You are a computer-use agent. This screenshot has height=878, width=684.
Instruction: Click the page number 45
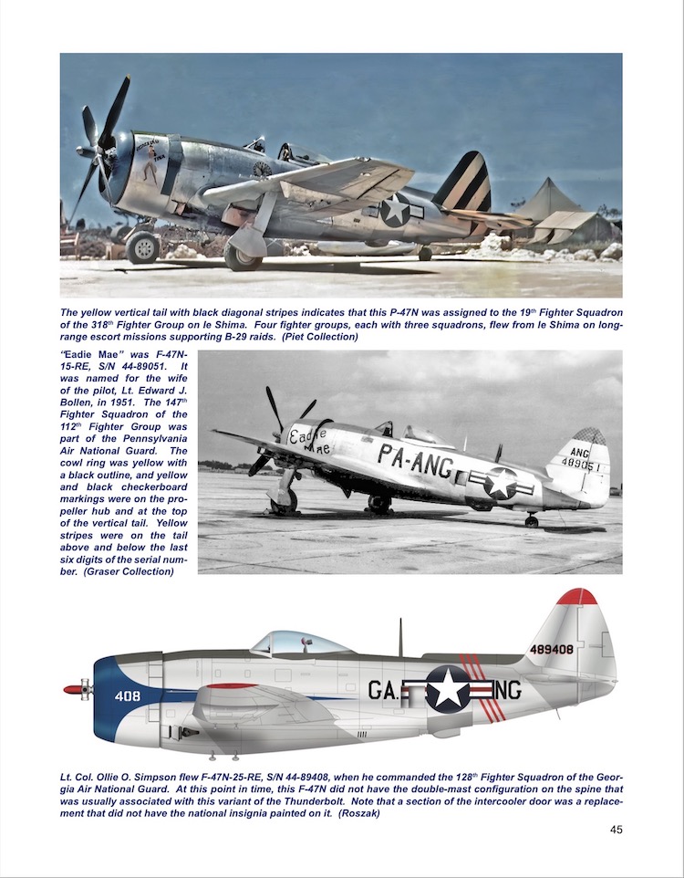pos(615,829)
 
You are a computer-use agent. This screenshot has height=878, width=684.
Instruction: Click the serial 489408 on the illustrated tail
pos(551,650)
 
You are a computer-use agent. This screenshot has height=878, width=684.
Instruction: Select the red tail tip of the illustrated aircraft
pos(576,597)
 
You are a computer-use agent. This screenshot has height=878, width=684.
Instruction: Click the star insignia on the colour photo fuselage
pos(395,210)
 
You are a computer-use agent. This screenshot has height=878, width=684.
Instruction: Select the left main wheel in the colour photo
pos(143,246)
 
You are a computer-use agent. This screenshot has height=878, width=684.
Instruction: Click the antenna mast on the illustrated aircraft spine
pos(399,636)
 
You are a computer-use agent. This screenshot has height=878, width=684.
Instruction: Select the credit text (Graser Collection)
pos(135,572)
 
